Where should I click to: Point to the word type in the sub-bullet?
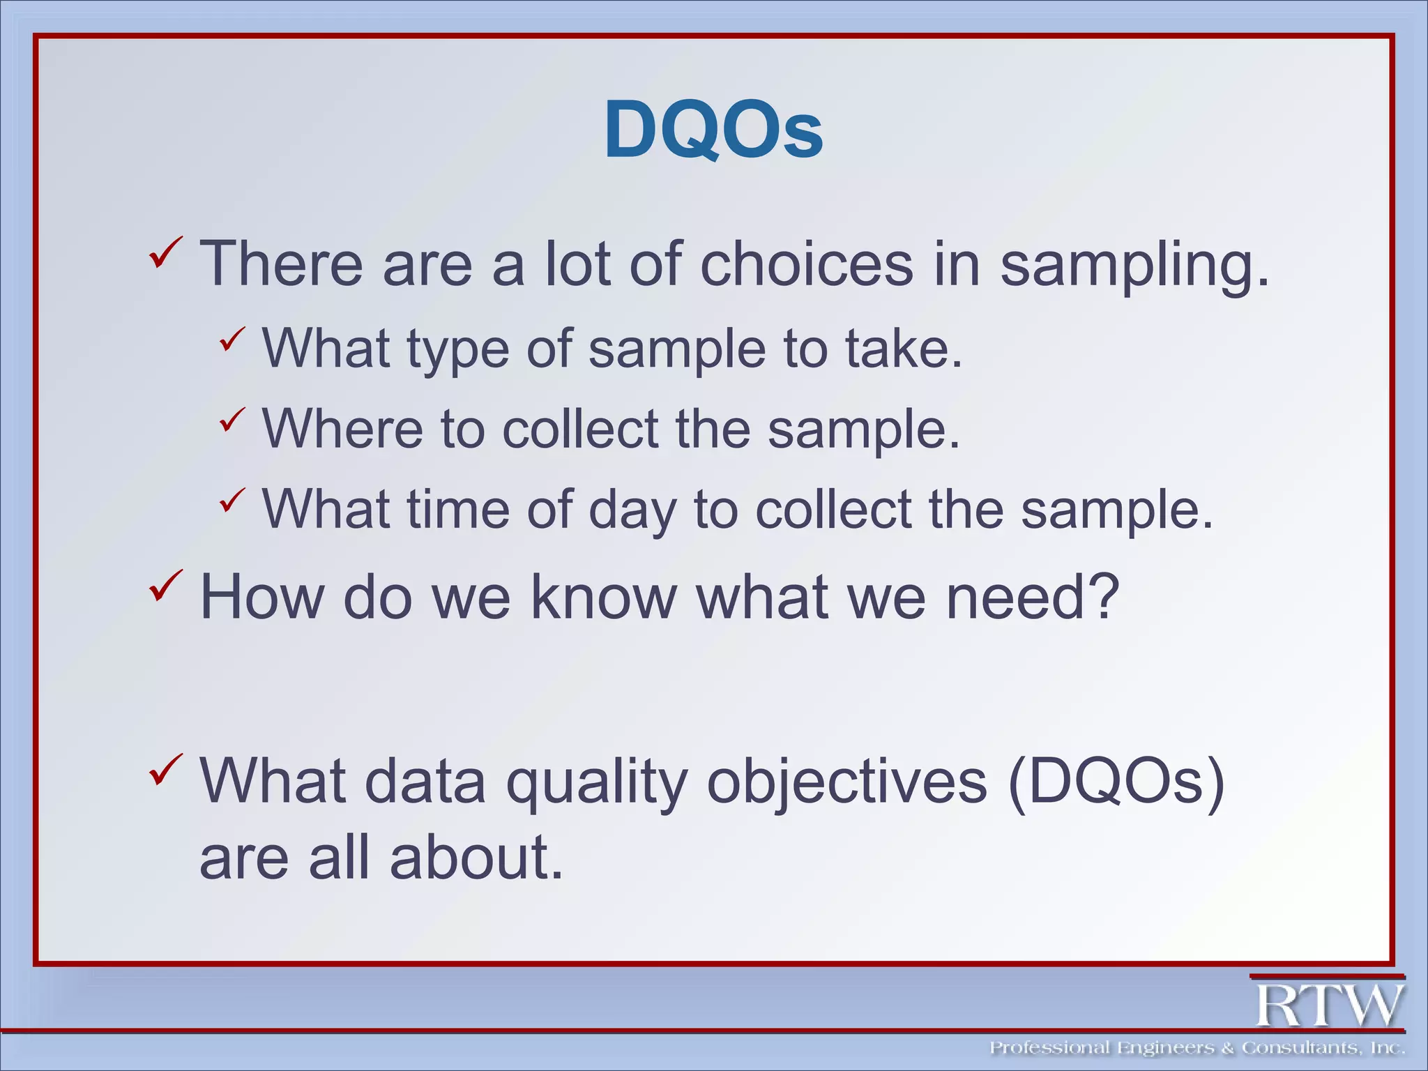(x=457, y=350)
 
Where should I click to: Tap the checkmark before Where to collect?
(x=232, y=420)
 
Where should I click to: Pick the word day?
(x=632, y=510)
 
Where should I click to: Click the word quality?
(x=596, y=782)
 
